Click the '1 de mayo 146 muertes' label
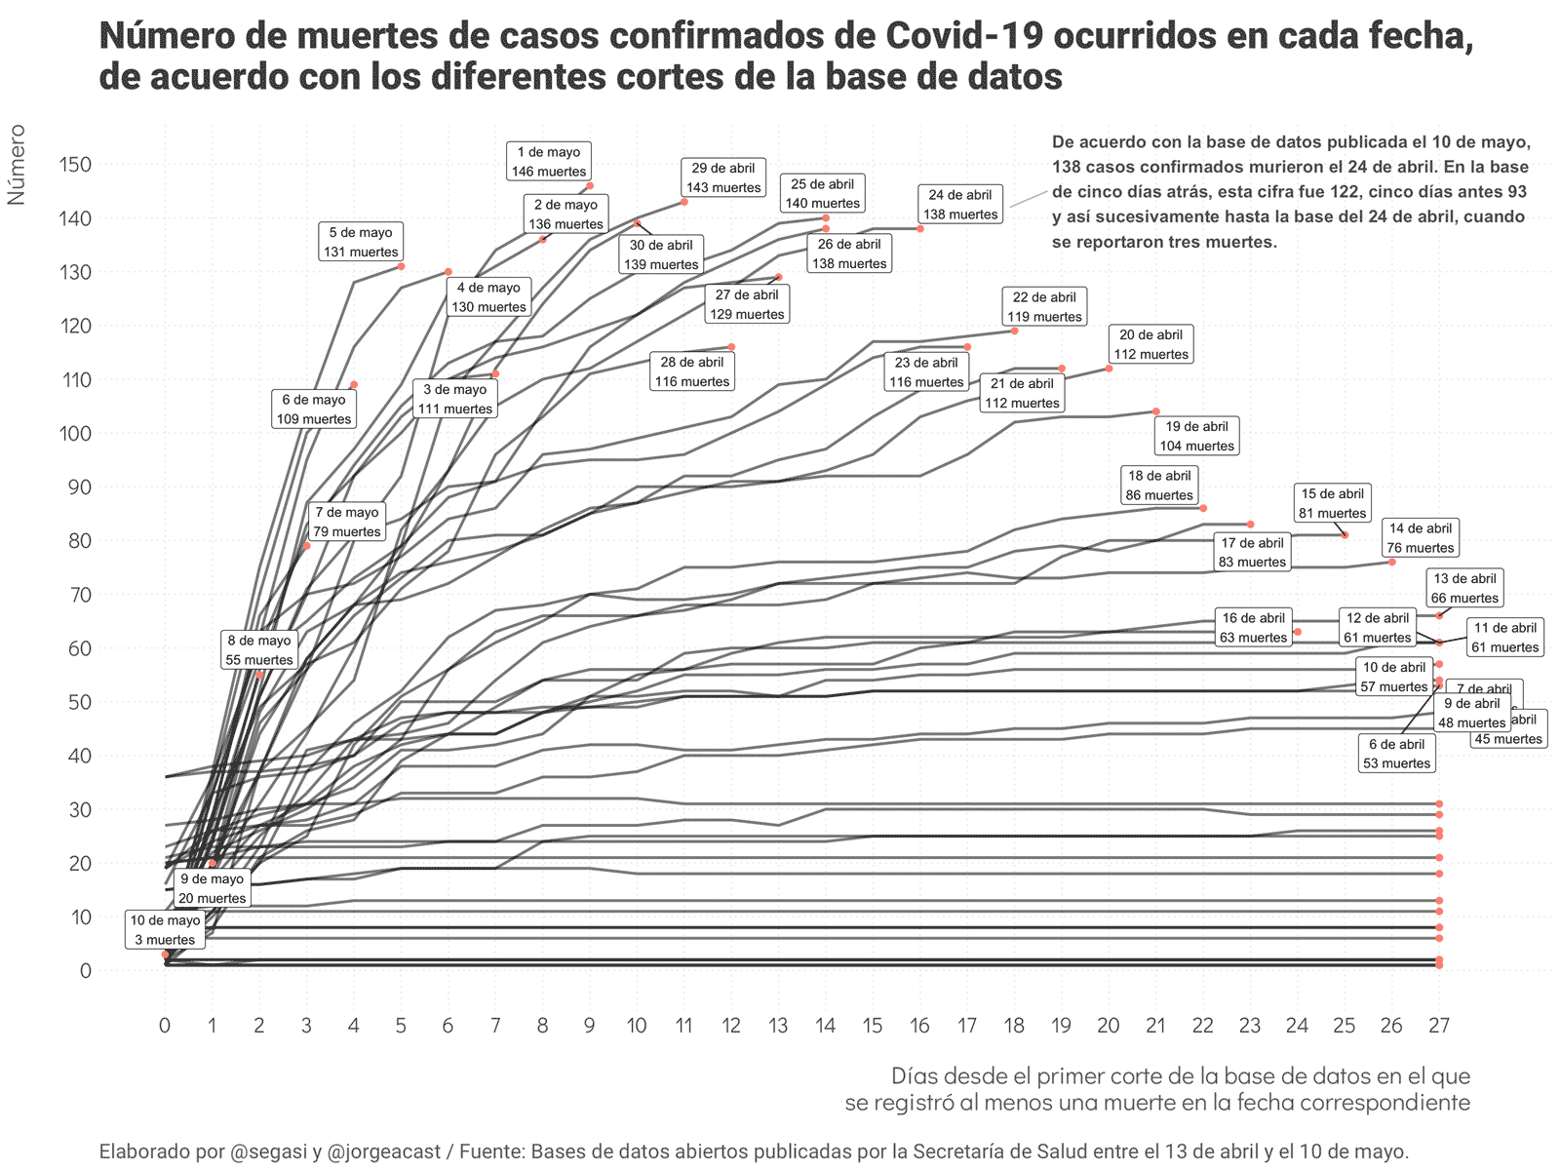pos(549,162)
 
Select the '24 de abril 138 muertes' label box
pos(960,205)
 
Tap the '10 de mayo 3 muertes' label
pos(165,930)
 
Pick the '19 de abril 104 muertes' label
pos(1196,436)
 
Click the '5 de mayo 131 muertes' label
pos(361,242)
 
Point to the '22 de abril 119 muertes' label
pos(1044,306)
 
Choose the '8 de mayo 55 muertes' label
pos(259,650)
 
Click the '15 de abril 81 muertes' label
pos(1333,503)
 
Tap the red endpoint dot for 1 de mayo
pos(590,185)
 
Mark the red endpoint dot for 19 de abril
pos(1156,411)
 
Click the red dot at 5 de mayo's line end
pos(401,266)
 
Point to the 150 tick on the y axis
pos(75,165)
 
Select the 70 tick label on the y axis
pos(75,595)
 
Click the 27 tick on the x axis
pos(1439,1026)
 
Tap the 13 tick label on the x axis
pos(778,1026)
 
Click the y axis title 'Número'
pos(17,165)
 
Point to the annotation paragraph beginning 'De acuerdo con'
pos(1291,192)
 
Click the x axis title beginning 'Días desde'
pos(1157,1089)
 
